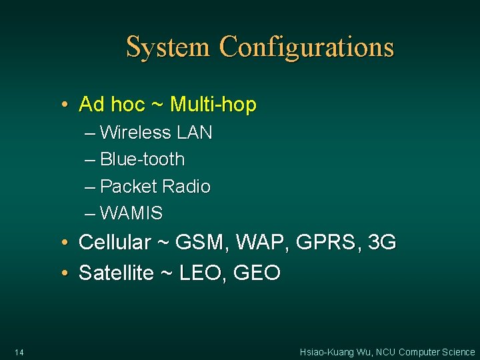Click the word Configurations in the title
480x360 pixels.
point(307,48)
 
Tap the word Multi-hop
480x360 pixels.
point(213,105)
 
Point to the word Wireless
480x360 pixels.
point(135,133)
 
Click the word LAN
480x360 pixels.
point(195,133)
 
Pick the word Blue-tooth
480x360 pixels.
point(142,159)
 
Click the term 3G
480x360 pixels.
point(382,242)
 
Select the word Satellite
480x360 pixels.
point(116,272)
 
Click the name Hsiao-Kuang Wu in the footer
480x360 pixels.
point(335,352)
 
